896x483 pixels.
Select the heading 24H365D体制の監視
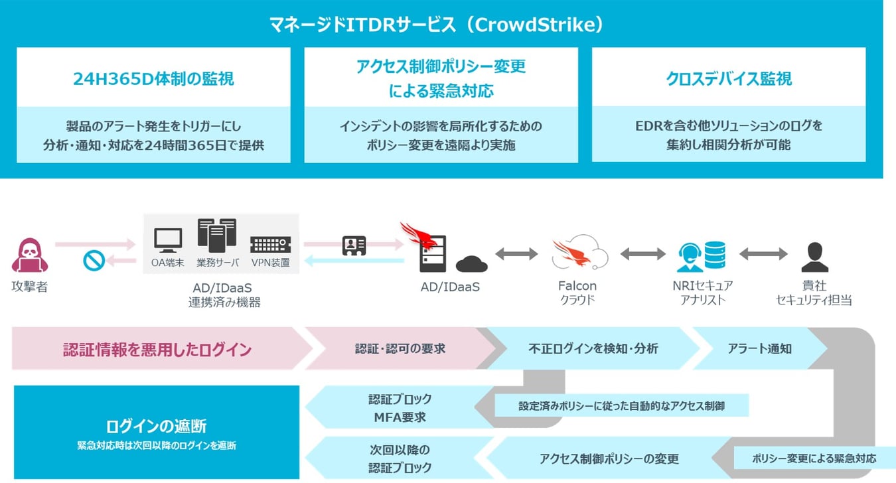coord(153,79)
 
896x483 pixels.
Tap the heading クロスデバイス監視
coord(728,79)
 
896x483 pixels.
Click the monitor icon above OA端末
coord(167,240)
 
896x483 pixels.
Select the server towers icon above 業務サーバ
coord(216,236)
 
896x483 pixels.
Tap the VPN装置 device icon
coord(270,244)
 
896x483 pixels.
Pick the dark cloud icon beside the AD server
coord(471,264)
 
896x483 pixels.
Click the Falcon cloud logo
coord(579,253)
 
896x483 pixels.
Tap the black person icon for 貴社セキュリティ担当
coord(814,257)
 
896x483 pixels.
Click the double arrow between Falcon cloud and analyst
coord(642,253)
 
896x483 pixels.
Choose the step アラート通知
coord(759,348)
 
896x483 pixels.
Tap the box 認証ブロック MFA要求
coord(400,408)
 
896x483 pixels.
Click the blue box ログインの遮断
coord(157,432)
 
